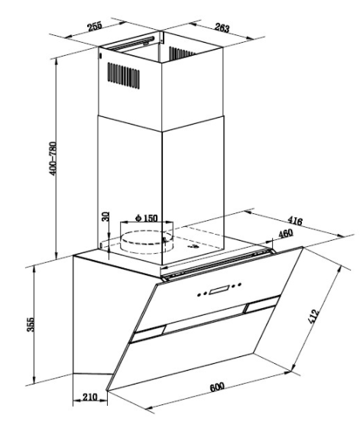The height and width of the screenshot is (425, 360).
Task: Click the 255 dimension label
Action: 94,27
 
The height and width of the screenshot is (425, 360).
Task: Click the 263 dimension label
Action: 222,28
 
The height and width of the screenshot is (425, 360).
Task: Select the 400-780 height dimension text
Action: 53,158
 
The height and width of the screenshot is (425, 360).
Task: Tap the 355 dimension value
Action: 31,324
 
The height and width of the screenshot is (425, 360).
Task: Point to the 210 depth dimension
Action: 89,397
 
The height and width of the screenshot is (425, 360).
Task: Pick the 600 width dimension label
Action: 217,387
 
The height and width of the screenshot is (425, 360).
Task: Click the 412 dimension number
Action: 313,316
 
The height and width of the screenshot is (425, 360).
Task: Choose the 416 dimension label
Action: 295,221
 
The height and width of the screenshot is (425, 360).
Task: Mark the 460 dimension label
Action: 285,233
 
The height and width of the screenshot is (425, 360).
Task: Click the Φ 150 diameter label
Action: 147,218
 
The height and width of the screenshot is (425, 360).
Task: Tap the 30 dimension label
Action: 105,216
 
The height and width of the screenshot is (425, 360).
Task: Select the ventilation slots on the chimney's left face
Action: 124,76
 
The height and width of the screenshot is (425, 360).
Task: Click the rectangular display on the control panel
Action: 219,290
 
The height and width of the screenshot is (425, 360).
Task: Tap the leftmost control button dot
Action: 199,294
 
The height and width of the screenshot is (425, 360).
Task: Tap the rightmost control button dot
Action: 239,284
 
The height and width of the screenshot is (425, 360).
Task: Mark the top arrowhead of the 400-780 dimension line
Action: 56,60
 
